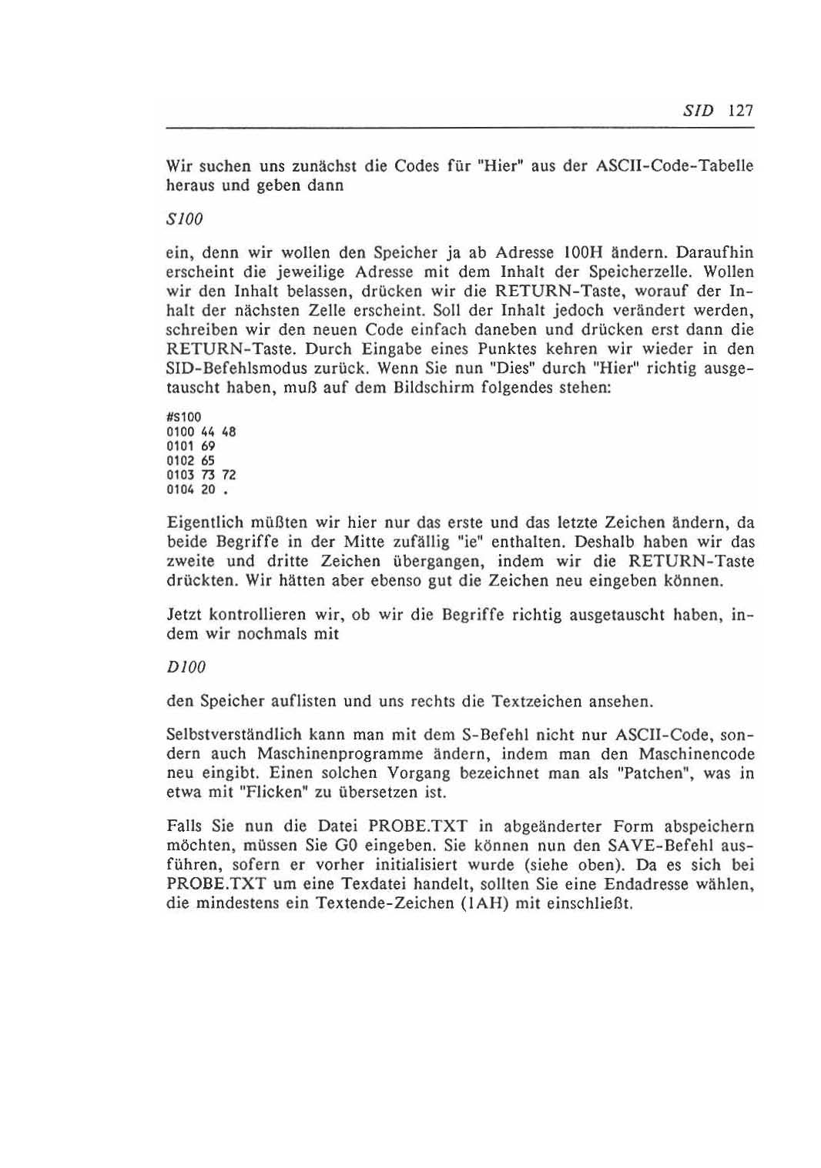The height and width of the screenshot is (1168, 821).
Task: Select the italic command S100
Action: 184,219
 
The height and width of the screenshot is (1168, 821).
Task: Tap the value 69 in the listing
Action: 208,446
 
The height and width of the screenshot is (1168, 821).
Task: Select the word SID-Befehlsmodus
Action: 228,369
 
